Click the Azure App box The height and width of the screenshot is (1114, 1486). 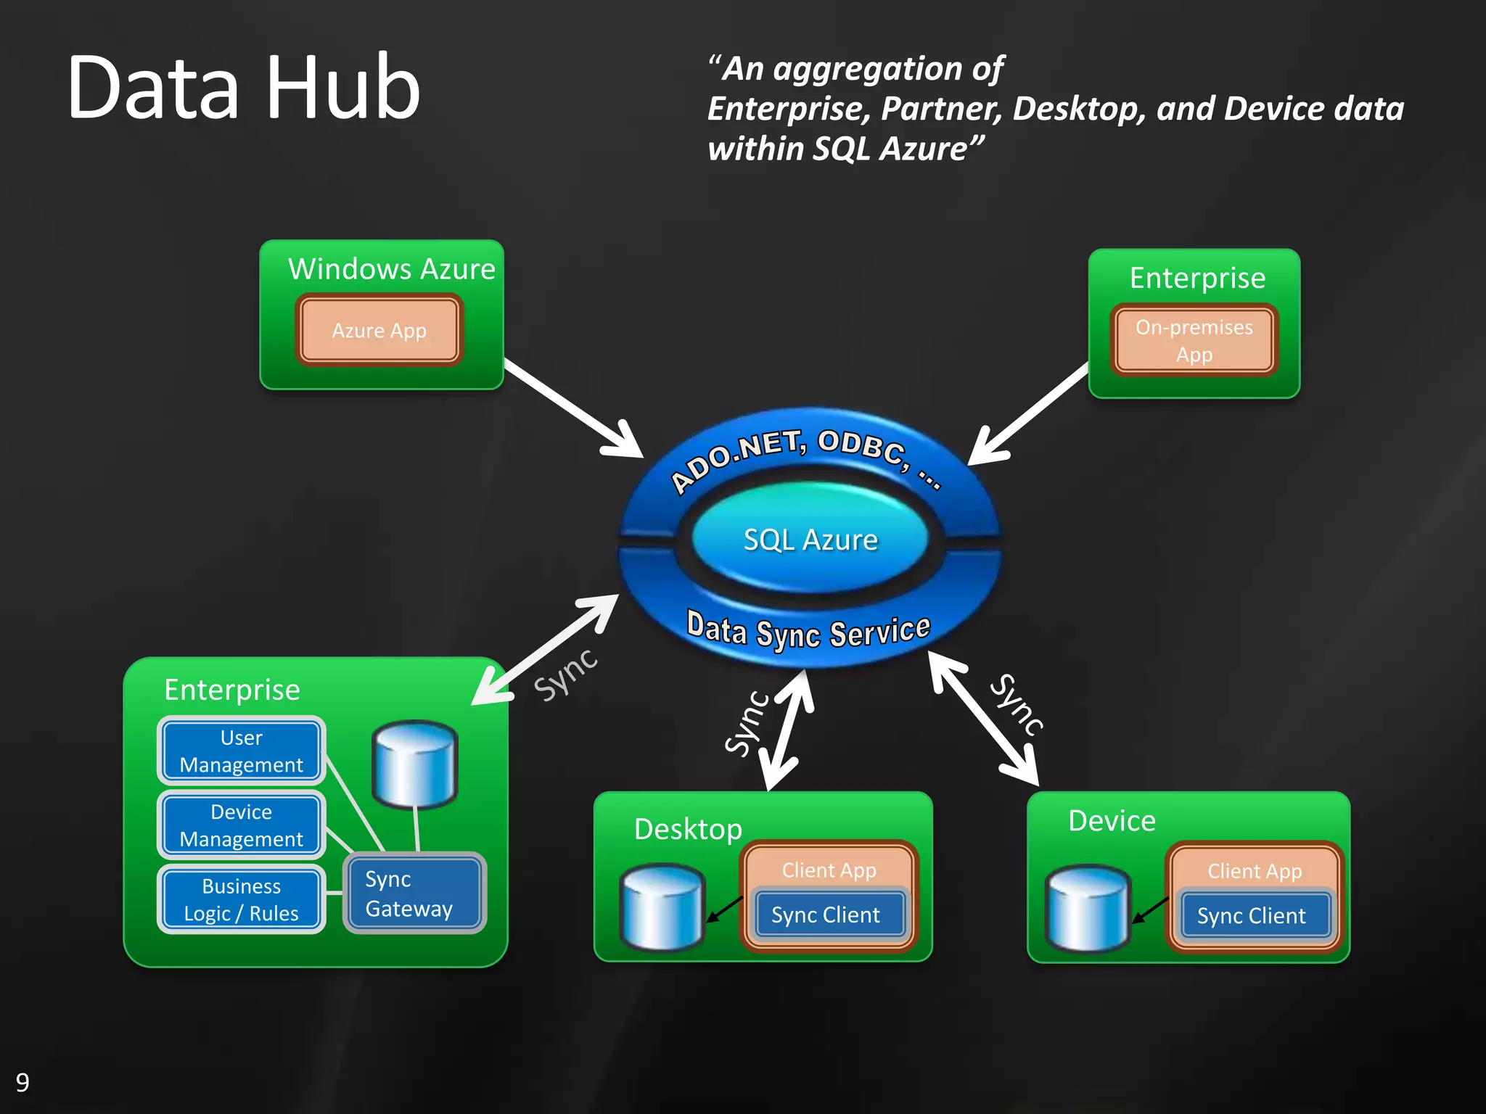379,331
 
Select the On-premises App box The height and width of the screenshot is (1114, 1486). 1194,341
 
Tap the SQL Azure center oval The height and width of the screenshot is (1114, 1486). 810,540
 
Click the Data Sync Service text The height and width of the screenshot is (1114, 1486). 808,630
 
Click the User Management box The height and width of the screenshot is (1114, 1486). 241,751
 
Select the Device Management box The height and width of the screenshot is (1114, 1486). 241,825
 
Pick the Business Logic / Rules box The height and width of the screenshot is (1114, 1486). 241,899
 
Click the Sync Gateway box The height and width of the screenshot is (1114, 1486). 414,894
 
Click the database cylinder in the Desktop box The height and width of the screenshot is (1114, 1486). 662,907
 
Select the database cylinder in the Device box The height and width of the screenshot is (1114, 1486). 1087,908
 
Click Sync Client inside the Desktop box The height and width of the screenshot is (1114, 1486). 826,915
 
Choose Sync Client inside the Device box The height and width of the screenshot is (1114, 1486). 1251,916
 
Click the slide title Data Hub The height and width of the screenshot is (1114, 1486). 244,88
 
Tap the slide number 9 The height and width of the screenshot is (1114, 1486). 22,1082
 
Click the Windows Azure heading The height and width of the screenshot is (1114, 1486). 392,269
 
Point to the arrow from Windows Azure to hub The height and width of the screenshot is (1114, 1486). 573,408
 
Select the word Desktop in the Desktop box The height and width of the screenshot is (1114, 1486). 688,829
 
